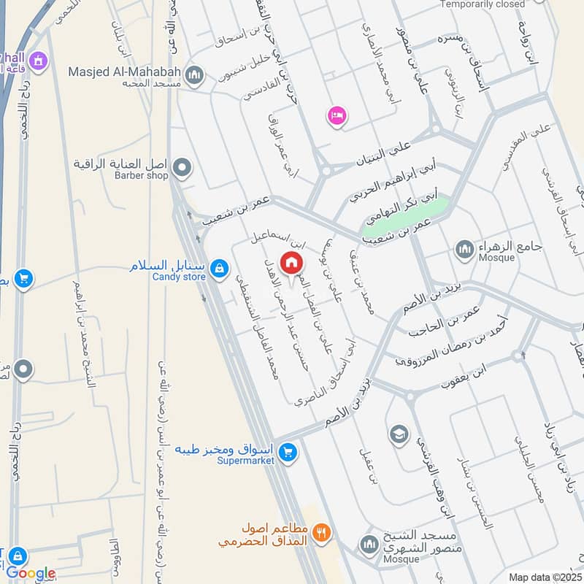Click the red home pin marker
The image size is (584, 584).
291,263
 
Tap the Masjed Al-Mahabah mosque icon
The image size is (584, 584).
194,74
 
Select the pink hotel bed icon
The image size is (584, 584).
337,116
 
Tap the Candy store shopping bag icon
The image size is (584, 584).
218,270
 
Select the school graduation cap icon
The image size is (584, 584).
398,436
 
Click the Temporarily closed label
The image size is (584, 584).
483,4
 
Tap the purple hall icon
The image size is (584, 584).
37,59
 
